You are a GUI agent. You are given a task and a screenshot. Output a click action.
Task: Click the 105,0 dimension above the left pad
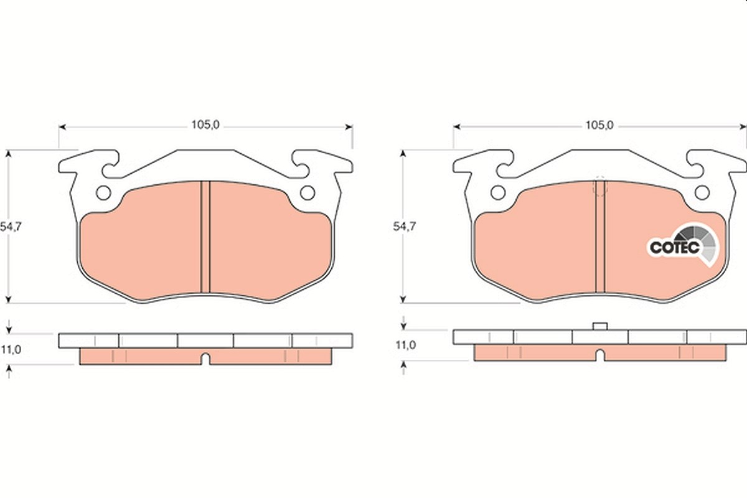click(x=205, y=125)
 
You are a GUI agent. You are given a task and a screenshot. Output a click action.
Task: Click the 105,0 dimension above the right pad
click(x=599, y=125)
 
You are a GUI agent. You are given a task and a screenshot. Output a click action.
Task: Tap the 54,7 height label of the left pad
click(x=11, y=227)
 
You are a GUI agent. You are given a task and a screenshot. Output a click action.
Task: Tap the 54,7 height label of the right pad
click(x=405, y=227)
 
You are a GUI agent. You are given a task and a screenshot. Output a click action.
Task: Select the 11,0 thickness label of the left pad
click(x=11, y=350)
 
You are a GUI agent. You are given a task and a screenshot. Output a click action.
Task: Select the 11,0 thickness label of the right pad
click(x=406, y=345)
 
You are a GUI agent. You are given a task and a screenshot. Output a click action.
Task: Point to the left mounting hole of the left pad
click(x=103, y=193)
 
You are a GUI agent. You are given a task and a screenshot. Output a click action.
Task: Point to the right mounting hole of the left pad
click(x=308, y=193)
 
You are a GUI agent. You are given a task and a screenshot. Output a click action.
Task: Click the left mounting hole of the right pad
click(x=498, y=193)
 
